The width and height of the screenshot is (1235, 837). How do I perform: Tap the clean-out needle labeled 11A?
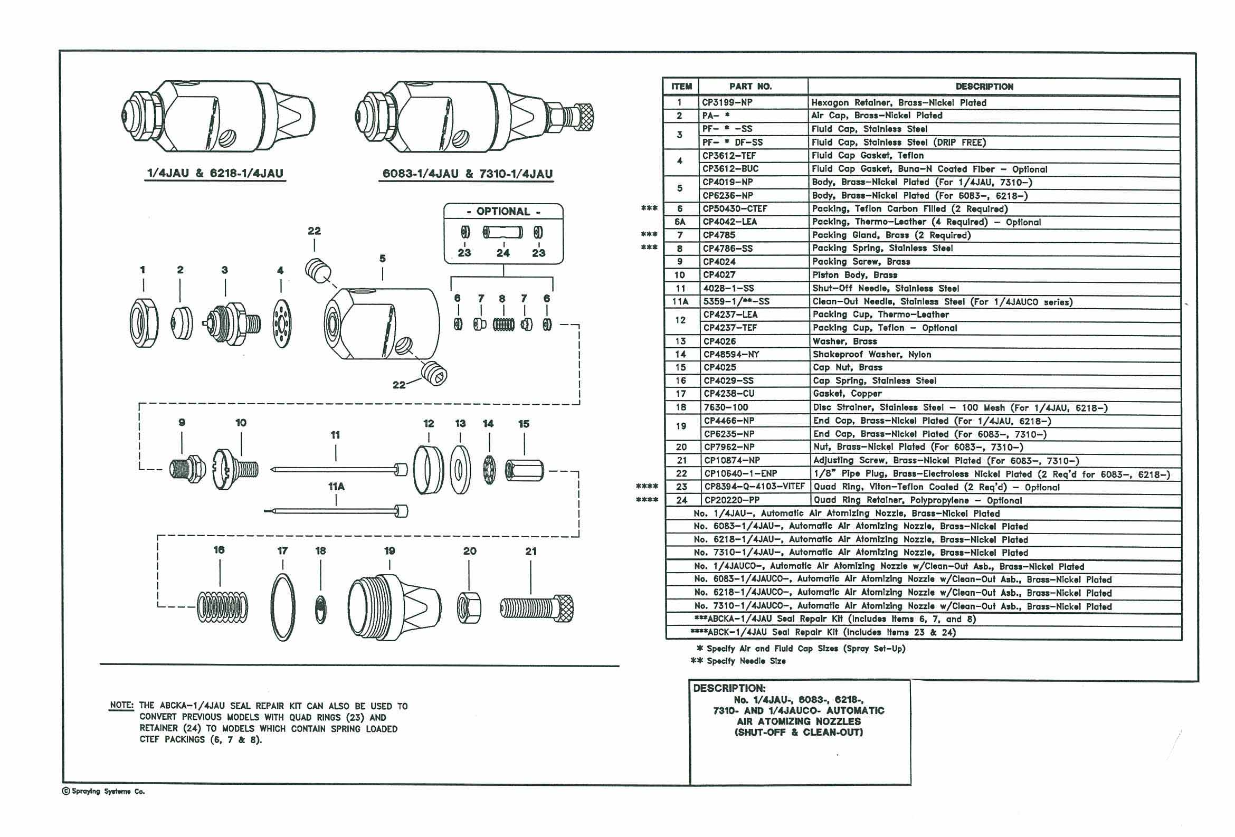(x=336, y=511)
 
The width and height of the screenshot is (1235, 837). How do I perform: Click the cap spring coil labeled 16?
(x=223, y=606)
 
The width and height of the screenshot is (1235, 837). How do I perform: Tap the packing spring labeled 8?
(x=503, y=324)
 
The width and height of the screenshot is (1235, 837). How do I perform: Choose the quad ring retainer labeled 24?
(x=503, y=232)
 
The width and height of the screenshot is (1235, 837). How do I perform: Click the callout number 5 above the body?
(x=383, y=259)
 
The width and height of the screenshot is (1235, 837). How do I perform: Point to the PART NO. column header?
(x=750, y=86)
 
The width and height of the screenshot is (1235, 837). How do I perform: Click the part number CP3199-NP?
(x=727, y=102)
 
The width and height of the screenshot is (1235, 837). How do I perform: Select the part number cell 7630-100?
(x=726, y=407)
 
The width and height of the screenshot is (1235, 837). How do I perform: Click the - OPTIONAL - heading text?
(x=503, y=212)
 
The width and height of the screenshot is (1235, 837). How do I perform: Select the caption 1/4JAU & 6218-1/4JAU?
(x=215, y=173)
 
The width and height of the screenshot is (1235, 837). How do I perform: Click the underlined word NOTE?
(x=122, y=705)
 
